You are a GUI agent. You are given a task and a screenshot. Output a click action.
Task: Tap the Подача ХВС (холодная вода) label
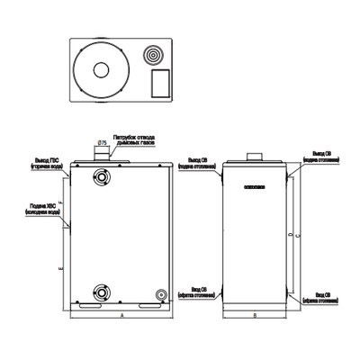click(43, 211)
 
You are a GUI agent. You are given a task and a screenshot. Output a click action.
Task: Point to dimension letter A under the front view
click(121, 317)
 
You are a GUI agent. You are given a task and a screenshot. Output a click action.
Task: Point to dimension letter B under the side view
click(256, 317)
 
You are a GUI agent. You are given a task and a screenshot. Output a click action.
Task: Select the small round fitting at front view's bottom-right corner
click(161, 294)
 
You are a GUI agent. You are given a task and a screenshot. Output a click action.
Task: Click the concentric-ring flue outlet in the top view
click(155, 55)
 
